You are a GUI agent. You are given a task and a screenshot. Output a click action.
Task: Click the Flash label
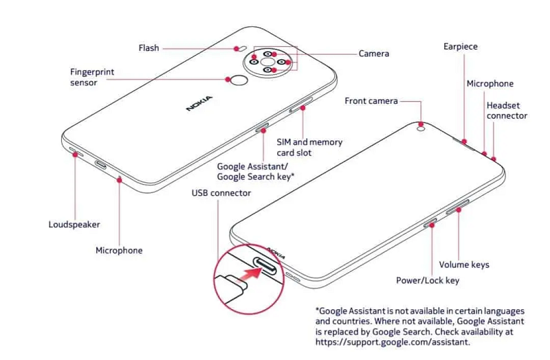pyautogui.click(x=148, y=48)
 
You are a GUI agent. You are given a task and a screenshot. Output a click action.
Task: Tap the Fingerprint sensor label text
pyautogui.click(x=92, y=77)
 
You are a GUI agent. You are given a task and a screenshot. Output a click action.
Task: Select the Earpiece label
pyautogui.click(x=460, y=47)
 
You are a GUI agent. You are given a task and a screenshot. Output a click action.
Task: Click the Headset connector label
pyautogui.click(x=507, y=111)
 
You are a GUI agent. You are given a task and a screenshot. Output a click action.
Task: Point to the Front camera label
pyautogui.click(x=371, y=101)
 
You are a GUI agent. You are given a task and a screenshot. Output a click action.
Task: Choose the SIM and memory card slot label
pyautogui.click(x=309, y=147)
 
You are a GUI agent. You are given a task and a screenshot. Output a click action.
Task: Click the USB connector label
pyautogui.click(x=221, y=193)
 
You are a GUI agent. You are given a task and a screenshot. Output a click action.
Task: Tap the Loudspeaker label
pyautogui.click(x=74, y=225)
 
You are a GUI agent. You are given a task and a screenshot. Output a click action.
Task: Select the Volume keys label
pyautogui.click(x=464, y=265)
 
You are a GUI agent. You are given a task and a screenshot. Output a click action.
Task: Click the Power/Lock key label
pyautogui.click(x=428, y=280)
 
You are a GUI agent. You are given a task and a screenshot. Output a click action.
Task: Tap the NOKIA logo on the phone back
pyautogui.click(x=199, y=103)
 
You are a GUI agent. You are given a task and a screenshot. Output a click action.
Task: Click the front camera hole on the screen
pyautogui.click(x=420, y=126)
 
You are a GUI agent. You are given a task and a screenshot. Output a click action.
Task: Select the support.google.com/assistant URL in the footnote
pyautogui.click(x=393, y=341)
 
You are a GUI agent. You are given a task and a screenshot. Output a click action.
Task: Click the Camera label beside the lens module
pyautogui.click(x=373, y=53)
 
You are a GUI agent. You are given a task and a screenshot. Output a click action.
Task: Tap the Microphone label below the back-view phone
pyautogui.click(x=119, y=251)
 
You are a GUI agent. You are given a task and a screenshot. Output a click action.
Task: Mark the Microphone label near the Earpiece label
pyautogui.click(x=489, y=84)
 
